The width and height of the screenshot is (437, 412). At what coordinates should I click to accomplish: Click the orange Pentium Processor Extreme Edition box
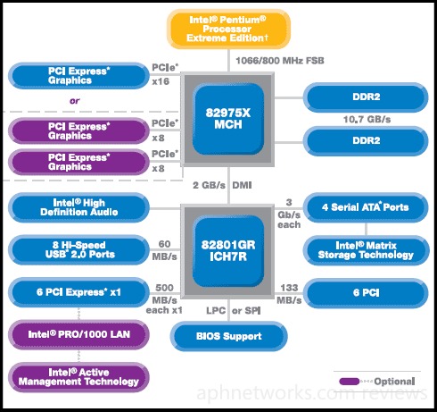[228, 29]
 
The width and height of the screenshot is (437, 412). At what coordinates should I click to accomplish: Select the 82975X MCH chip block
[228, 119]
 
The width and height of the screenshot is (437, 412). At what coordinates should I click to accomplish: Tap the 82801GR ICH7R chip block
[228, 251]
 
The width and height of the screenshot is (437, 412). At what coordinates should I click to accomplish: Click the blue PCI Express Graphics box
[78, 76]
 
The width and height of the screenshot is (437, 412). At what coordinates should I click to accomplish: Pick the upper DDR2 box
[366, 97]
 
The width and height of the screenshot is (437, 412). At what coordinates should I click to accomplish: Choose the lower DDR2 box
[366, 141]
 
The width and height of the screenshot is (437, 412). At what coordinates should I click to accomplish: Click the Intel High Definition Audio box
[78, 207]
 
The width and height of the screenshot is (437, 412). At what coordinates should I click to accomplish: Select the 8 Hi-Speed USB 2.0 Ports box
[78, 249]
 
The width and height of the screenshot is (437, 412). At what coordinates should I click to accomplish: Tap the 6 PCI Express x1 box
[78, 292]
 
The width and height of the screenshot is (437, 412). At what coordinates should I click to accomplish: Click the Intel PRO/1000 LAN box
[78, 334]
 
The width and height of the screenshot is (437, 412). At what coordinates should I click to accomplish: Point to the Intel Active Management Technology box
[78, 377]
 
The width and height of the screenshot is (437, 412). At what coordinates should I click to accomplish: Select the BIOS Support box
[229, 336]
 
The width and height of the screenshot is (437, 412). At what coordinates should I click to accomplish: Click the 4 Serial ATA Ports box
[366, 207]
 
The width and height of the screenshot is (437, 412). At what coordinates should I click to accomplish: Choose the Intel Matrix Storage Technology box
[366, 250]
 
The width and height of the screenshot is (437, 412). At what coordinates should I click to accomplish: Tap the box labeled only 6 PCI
[366, 293]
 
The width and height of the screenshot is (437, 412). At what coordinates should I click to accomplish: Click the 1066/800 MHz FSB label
[280, 61]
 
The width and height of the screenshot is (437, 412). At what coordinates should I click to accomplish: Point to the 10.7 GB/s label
[367, 120]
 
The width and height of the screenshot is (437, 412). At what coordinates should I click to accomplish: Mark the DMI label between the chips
[242, 185]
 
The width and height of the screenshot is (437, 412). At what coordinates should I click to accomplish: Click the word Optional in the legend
[394, 382]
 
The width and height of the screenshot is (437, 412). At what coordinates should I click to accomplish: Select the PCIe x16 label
[165, 74]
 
